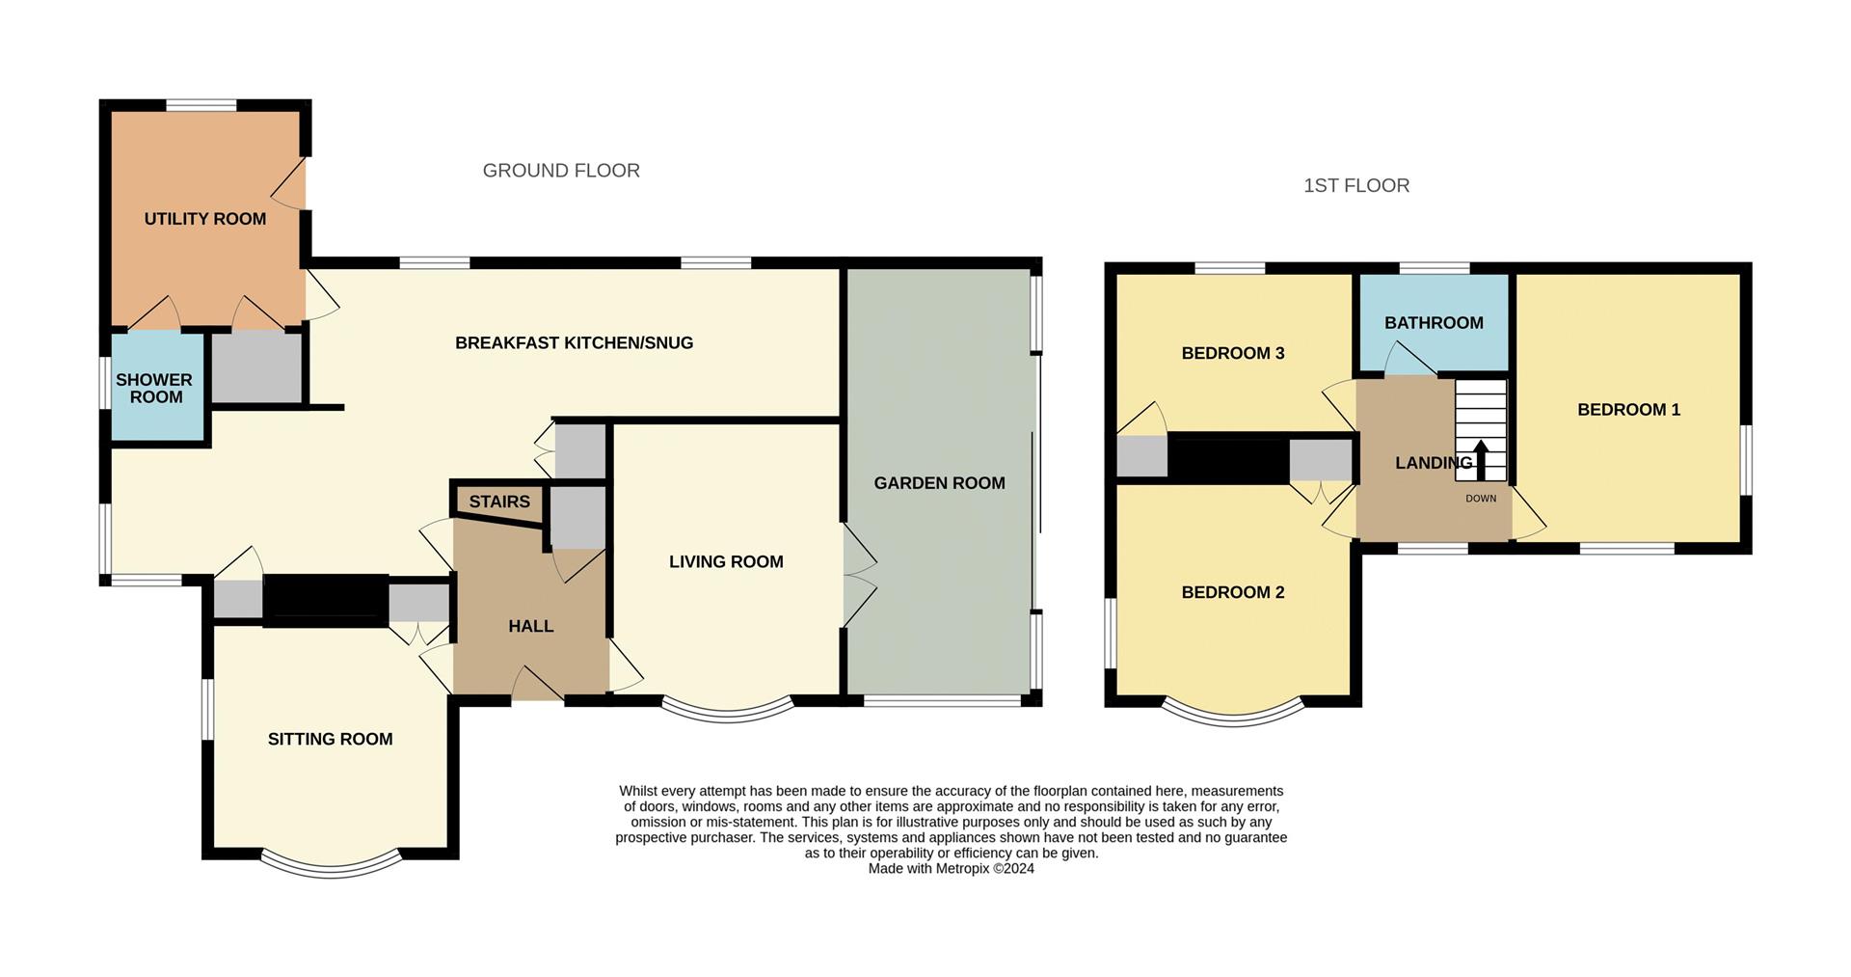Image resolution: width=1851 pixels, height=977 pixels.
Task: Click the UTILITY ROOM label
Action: point(205,219)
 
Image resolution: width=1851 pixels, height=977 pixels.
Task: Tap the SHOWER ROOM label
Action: point(154,388)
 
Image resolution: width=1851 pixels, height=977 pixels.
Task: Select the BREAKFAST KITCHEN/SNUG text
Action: point(574,343)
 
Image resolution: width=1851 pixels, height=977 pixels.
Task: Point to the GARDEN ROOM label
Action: point(939,483)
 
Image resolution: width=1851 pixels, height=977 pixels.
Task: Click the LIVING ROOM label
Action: point(726,561)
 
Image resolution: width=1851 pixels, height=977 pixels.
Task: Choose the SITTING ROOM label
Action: point(330,739)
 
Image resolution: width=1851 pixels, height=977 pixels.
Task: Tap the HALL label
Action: point(530,626)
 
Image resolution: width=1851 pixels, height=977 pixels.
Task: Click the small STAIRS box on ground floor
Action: point(499,502)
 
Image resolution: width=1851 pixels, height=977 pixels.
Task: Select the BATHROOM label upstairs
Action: point(1434,323)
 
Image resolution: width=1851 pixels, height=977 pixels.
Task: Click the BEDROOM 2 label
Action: point(1233,592)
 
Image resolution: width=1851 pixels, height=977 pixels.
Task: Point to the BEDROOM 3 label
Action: point(1233,353)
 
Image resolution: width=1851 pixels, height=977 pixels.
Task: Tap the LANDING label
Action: point(1433,463)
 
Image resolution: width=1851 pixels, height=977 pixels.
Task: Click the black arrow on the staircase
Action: point(1481,459)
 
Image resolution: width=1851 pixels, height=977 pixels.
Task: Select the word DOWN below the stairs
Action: point(1481,499)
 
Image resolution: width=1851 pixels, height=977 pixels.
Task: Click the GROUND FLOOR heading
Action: point(561,171)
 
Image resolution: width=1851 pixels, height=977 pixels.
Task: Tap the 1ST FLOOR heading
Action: point(1356,185)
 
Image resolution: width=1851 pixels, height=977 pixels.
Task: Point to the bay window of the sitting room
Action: point(331,867)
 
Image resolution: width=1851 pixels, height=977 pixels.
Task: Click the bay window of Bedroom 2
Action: point(1233,716)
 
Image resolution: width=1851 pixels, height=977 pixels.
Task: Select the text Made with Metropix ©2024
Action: point(951,869)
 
